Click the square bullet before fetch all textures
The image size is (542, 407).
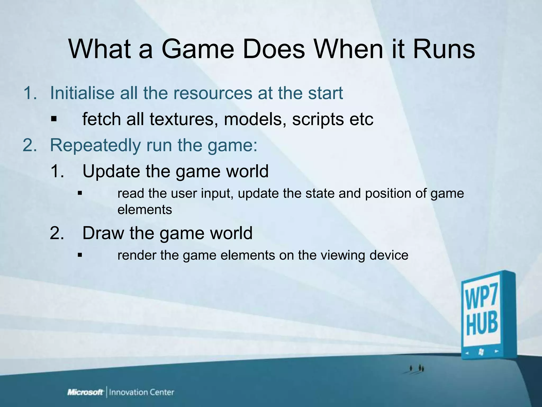point(54,119)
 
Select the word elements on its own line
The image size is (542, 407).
point(144,210)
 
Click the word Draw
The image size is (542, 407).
point(103,233)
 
